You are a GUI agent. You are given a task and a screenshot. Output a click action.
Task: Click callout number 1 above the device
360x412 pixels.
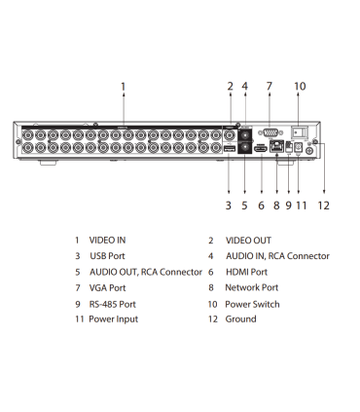pos(124,87)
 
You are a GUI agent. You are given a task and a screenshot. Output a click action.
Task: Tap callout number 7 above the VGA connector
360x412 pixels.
pos(269,87)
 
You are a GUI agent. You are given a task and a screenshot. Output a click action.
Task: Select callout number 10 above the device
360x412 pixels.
pos(300,87)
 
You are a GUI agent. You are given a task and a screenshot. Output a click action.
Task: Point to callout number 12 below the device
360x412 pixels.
pos(324,206)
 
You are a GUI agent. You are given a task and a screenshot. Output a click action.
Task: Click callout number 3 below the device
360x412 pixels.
pos(229,206)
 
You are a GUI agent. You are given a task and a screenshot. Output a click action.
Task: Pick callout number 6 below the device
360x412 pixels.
pos(261,206)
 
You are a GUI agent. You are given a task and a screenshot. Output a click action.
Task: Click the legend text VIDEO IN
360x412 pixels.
pos(107,240)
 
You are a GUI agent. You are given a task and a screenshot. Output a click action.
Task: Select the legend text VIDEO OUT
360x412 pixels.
pos(249,240)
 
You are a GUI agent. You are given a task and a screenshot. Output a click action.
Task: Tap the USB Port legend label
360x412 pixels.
pos(107,256)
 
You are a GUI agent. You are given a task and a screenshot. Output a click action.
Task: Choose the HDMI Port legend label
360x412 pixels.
pos(248,272)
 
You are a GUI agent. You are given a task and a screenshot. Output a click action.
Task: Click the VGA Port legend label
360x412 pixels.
pos(107,288)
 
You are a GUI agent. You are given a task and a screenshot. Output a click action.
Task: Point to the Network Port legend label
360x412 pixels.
pos(252,288)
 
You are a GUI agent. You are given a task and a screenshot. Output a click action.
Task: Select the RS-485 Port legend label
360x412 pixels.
pos(113,304)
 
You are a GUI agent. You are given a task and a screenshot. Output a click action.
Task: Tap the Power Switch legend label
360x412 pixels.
pos(253,304)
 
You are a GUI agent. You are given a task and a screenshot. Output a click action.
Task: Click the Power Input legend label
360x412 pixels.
pos(114,319)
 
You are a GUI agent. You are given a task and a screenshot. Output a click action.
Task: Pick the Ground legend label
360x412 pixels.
pos(241,319)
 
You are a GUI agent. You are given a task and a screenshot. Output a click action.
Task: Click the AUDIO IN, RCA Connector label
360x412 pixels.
pos(277,256)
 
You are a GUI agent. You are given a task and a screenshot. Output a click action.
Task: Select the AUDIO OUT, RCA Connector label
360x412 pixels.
pos(145,272)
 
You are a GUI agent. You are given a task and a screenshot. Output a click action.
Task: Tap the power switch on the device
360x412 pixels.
pos(303,130)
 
